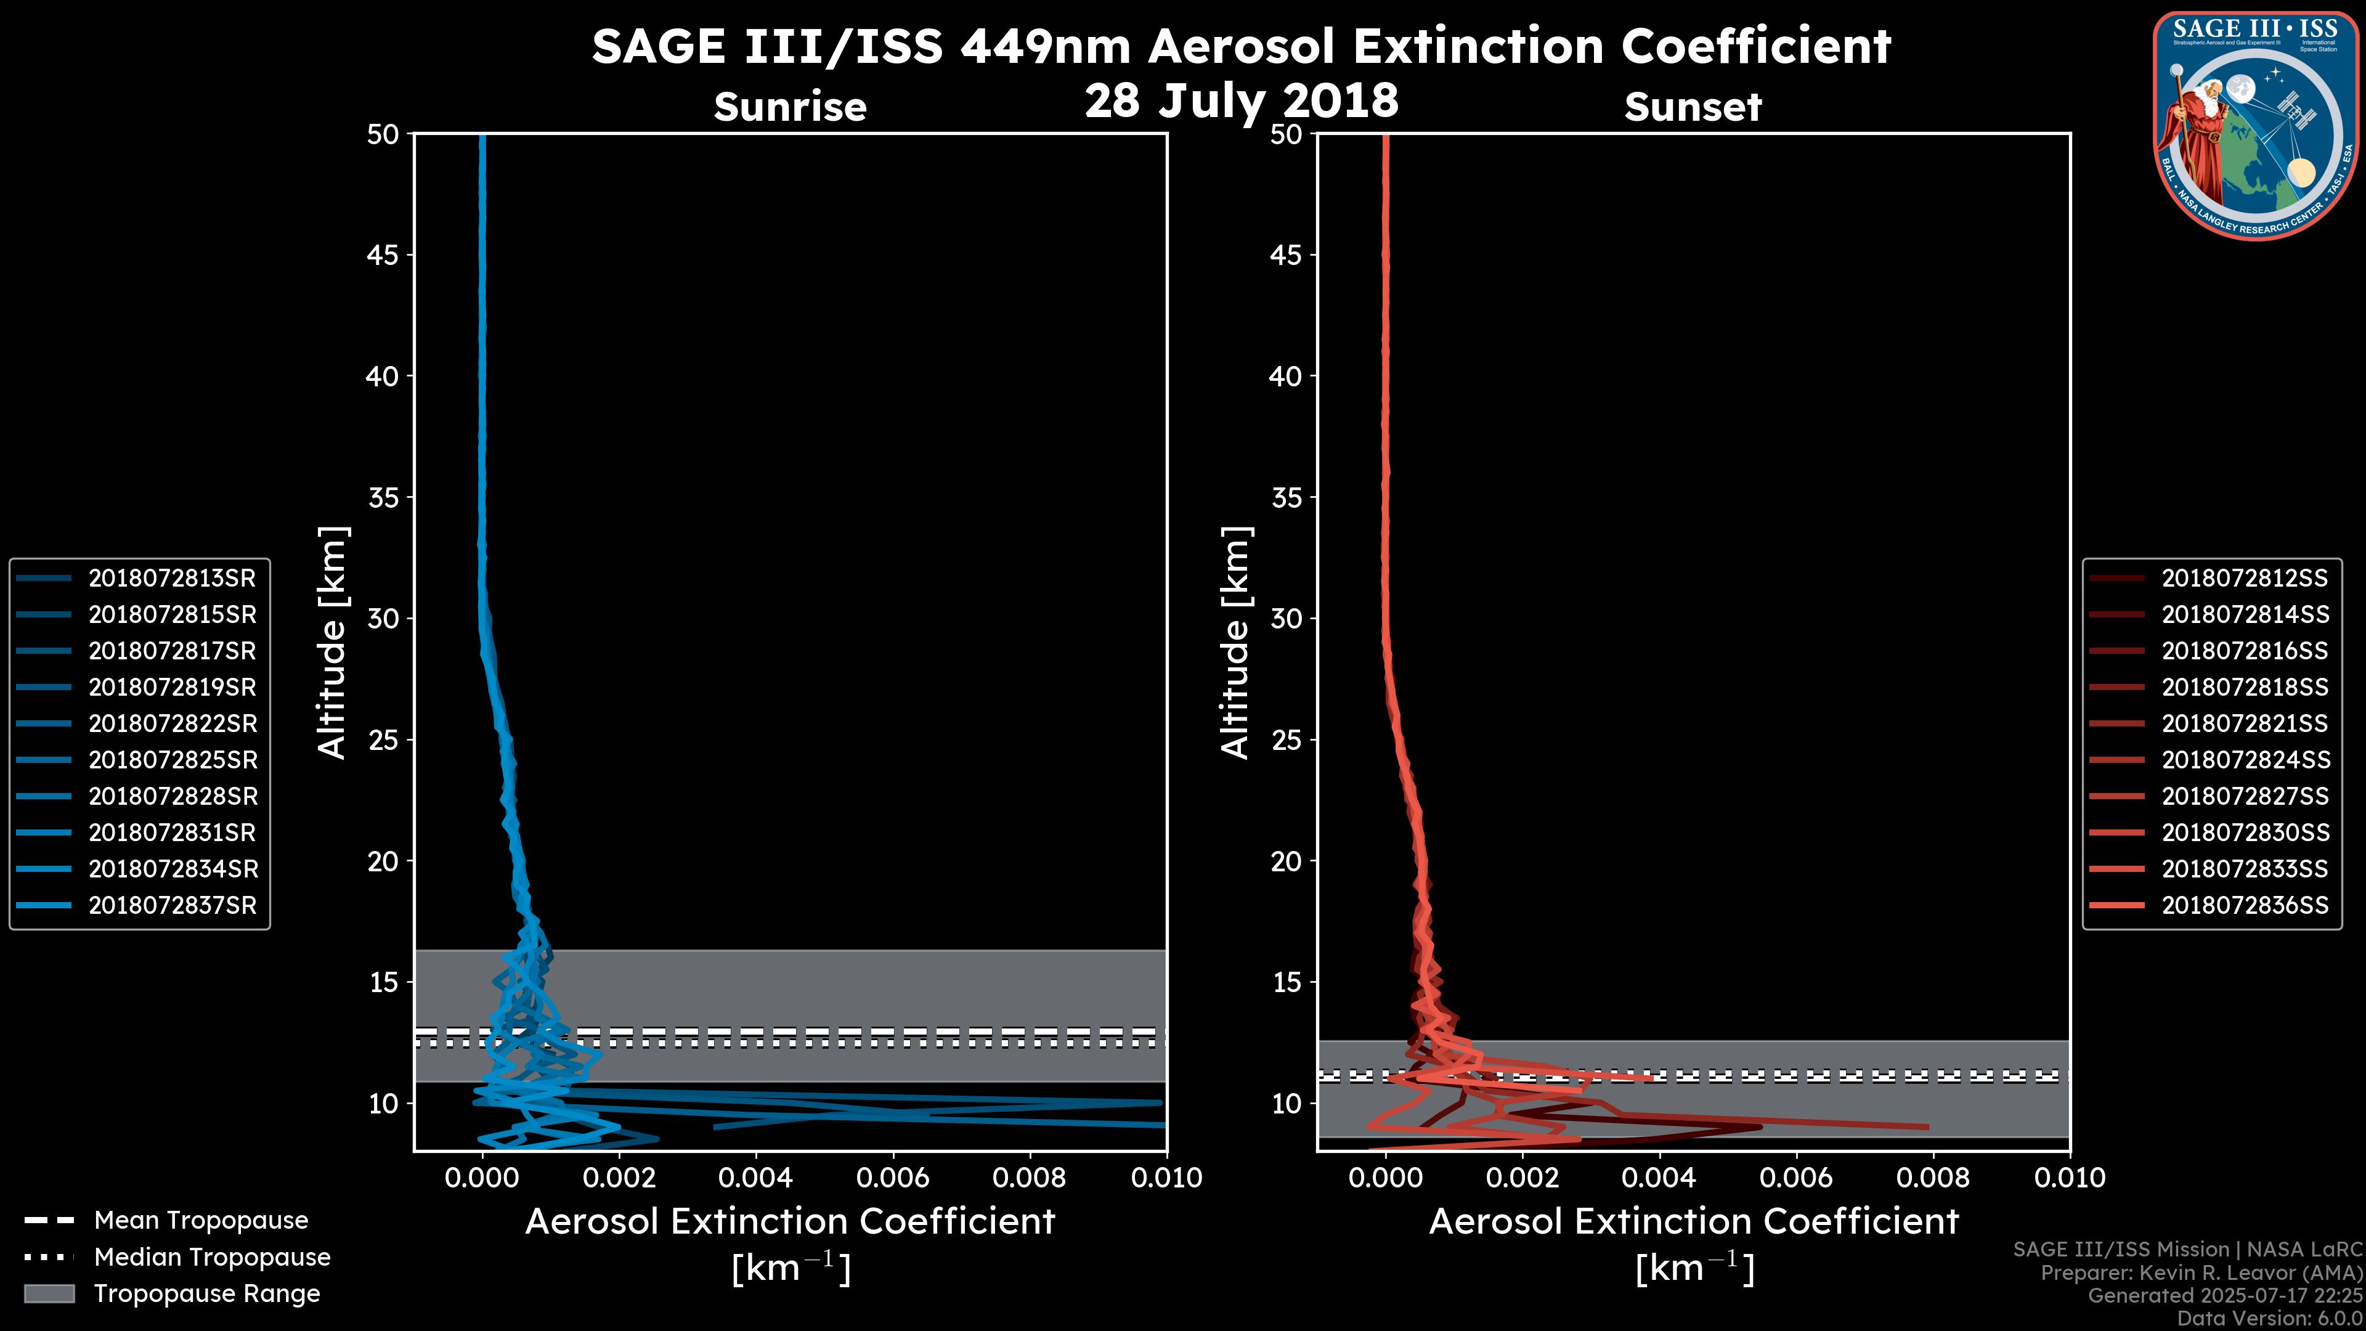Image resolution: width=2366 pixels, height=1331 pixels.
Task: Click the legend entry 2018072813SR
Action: click(x=172, y=578)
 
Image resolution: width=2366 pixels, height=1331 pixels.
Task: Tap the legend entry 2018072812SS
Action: click(x=2244, y=578)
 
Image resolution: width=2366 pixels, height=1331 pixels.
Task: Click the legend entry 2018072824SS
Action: click(x=2244, y=760)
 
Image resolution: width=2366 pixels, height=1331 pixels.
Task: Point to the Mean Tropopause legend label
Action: click(x=201, y=1220)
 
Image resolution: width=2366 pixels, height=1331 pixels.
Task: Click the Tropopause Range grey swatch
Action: click(x=49, y=1293)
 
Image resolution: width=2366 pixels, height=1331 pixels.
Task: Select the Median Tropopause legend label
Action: click(x=212, y=1256)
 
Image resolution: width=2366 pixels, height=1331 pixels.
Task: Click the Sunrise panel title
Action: click(x=790, y=107)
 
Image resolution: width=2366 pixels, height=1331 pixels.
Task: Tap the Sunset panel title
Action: click(x=1693, y=107)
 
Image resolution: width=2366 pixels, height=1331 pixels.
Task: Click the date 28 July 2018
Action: click(x=1241, y=100)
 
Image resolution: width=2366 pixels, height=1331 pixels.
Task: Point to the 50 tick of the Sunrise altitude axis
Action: click(x=383, y=134)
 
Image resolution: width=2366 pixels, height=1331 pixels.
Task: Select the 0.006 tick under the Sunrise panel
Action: click(x=893, y=1178)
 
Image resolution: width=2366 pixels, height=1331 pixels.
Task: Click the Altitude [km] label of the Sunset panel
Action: click(x=1235, y=643)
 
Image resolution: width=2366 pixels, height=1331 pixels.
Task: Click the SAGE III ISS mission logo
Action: click(x=2255, y=125)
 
